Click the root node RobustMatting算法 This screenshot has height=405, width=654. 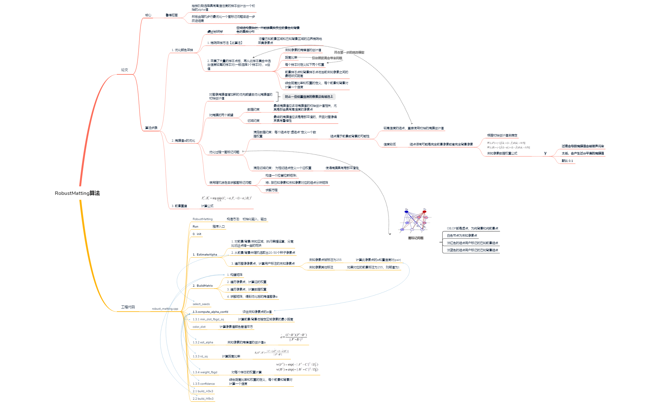point(77,193)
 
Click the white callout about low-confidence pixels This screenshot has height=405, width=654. point(309,97)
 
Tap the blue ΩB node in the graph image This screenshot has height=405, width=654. point(406,212)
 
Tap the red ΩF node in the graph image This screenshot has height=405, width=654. point(424,212)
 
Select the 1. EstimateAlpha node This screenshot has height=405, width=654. point(205,255)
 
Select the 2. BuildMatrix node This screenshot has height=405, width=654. point(203,286)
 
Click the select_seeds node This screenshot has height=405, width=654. point(201,304)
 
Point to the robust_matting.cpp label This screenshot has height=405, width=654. point(165,309)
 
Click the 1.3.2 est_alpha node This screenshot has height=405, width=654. point(203,342)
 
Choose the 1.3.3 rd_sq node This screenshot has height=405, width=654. point(200,356)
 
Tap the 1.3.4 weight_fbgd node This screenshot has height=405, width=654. point(205,372)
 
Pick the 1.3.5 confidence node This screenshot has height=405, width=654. point(204,384)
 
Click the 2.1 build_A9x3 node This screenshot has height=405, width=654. point(203,391)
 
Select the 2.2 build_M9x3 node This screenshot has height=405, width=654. point(203,399)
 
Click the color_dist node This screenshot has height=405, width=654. point(199,327)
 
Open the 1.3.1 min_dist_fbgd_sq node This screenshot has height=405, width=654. point(208,319)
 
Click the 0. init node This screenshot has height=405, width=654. point(197,234)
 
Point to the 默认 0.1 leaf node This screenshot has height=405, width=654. point(567,161)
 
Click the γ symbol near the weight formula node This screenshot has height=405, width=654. point(545,153)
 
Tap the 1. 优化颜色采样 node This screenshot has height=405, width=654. point(182,50)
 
